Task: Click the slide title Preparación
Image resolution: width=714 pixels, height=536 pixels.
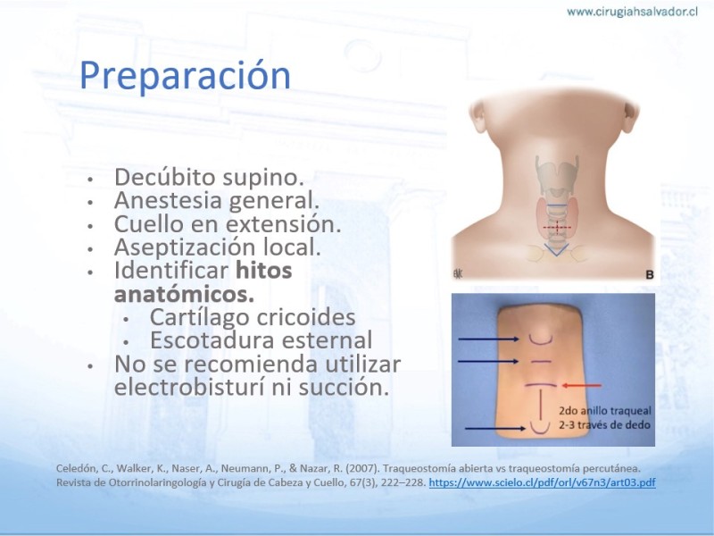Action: click(185, 76)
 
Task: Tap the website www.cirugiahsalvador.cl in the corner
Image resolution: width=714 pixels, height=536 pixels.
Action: click(632, 12)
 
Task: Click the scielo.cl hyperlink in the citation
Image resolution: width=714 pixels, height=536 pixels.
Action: click(542, 482)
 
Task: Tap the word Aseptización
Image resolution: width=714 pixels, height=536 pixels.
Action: click(186, 247)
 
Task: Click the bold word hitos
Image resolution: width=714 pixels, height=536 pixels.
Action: click(263, 270)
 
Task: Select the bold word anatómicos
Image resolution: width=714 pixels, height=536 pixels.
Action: click(184, 294)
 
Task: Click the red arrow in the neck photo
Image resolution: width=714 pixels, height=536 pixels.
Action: click(582, 386)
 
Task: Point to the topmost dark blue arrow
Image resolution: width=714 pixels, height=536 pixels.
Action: click(488, 339)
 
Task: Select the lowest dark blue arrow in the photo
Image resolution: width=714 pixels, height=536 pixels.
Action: click(495, 429)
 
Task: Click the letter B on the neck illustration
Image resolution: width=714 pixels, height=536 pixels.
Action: click(650, 275)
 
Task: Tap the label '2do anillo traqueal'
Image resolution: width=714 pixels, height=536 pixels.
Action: click(605, 411)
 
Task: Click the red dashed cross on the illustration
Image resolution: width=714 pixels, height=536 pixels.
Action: click(557, 227)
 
